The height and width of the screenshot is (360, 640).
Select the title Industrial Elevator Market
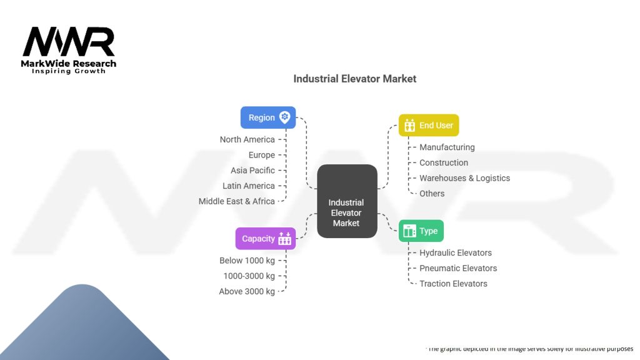point(354,79)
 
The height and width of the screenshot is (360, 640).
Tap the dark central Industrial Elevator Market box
point(347,201)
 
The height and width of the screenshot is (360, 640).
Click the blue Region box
point(267,117)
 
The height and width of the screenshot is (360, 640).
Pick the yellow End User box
point(429,125)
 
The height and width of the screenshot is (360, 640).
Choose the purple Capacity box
point(265,238)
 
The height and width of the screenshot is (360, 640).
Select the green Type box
point(421,231)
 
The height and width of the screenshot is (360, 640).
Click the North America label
point(247,139)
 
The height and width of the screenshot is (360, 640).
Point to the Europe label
point(261,155)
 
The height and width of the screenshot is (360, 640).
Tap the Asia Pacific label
point(252,170)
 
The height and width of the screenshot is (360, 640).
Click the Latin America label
point(249,186)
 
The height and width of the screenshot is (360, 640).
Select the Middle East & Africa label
point(236,201)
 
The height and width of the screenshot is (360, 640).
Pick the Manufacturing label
point(447,147)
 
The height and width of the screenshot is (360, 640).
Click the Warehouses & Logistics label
point(464,178)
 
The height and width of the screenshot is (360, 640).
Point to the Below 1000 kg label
point(247,261)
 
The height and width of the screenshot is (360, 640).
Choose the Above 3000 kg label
point(247,291)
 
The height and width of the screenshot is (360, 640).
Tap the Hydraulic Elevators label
point(455,253)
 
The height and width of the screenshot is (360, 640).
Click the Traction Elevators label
point(453,284)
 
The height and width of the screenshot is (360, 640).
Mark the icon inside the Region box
point(285,117)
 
